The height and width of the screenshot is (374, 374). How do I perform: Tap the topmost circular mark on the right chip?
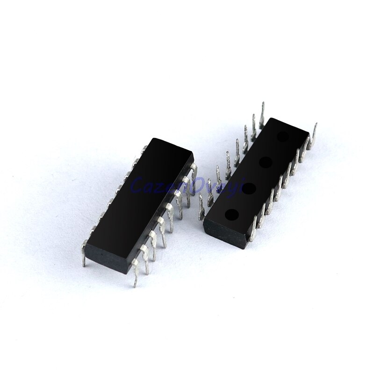pos(283,137)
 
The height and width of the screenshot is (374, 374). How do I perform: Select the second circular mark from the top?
pos(265,163)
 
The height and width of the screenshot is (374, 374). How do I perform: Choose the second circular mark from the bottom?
pos(248,188)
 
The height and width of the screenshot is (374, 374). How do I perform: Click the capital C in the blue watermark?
pos(137,185)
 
